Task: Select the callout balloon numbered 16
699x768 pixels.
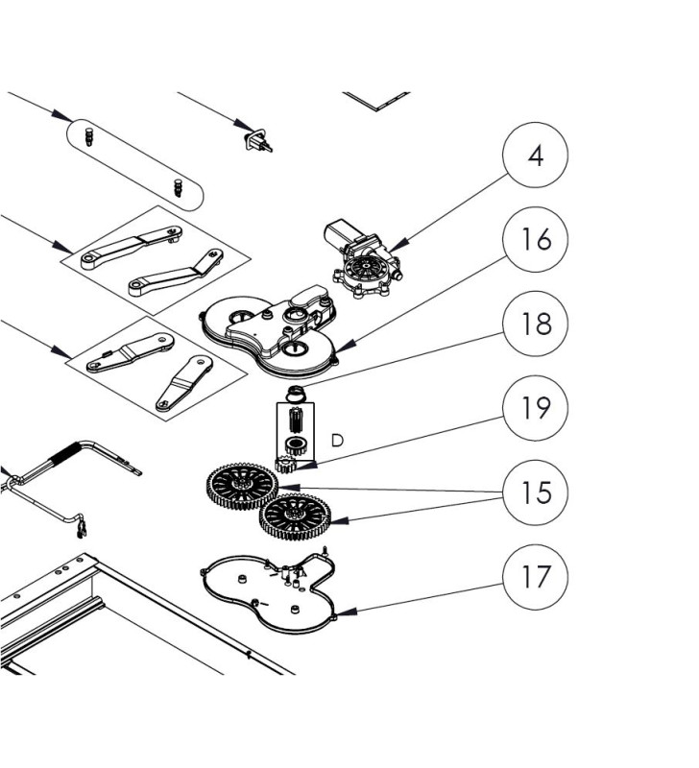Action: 536,240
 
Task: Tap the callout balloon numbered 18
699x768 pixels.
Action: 536,324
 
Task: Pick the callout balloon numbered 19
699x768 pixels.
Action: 536,407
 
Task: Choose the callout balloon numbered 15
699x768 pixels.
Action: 536,492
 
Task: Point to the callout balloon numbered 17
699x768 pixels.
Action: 536,576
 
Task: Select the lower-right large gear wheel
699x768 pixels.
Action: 297,518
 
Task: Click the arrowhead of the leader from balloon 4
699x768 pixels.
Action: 392,253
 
